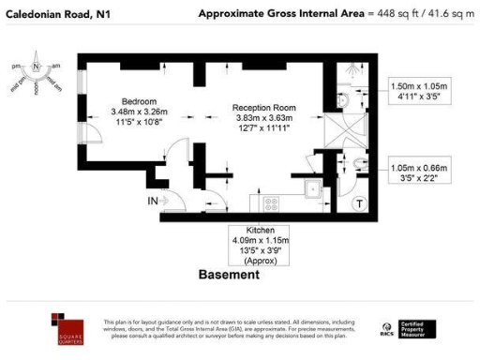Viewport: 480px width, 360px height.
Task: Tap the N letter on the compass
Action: point(36,67)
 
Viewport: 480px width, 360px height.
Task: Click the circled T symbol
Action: point(359,203)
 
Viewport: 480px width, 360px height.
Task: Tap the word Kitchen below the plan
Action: point(260,231)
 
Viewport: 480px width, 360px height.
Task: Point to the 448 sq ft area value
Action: point(394,13)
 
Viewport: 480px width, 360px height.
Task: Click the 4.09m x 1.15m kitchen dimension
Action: point(260,241)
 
